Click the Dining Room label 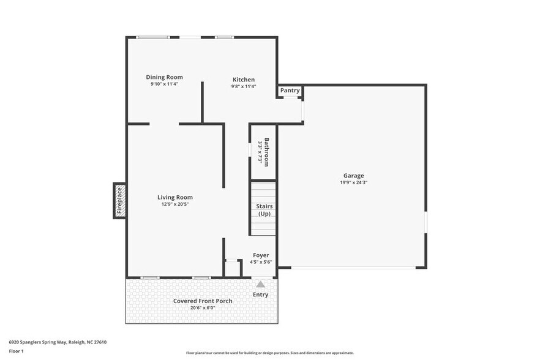coord(164,77)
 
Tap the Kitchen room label coord(243,80)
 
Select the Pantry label coord(290,91)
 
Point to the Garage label coord(353,176)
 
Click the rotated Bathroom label coord(266,152)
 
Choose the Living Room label coord(175,197)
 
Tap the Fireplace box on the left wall coord(120,200)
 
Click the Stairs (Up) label coord(264,210)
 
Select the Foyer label coord(261,255)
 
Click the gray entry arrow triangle coord(260,284)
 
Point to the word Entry coord(260,294)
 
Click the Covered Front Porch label coord(202,301)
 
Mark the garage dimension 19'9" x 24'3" coord(353,182)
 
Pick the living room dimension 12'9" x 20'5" coord(175,204)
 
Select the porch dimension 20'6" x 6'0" coord(202,307)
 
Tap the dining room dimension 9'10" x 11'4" coord(164,84)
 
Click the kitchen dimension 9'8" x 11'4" coord(243,86)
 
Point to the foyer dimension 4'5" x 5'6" coord(261,262)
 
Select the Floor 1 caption coord(16,351)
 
